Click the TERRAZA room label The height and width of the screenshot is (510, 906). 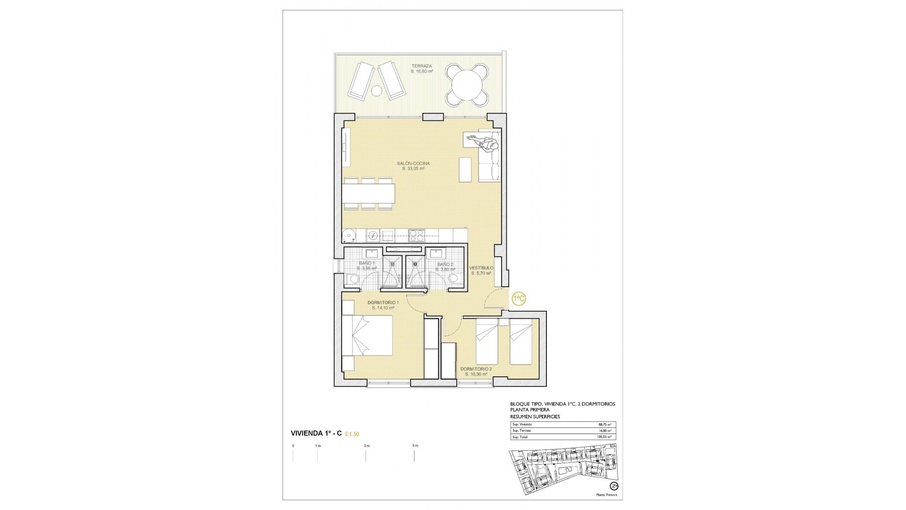tap(421, 66)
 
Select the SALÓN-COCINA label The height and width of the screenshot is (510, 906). tap(413, 163)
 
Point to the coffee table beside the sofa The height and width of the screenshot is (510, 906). tap(465, 170)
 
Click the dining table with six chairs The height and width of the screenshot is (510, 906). tap(369, 193)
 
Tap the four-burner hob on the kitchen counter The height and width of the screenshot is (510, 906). tap(417, 235)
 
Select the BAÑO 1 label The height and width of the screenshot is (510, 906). tap(367, 263)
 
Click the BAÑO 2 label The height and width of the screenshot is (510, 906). tap(445, 264)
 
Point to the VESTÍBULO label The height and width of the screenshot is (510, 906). tap(481, 268)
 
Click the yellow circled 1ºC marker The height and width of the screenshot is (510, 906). tap(519, 298)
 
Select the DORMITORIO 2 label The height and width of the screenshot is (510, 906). tap(476, 369)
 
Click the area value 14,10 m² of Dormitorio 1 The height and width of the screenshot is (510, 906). tap(383, 308)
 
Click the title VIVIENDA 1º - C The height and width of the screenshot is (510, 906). tap(316, 433)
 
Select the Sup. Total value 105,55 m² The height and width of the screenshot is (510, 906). tap(604, 437)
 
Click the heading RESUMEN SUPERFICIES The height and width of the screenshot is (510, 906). tap(535, 417)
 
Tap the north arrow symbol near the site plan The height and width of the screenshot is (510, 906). tap(613, 486)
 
